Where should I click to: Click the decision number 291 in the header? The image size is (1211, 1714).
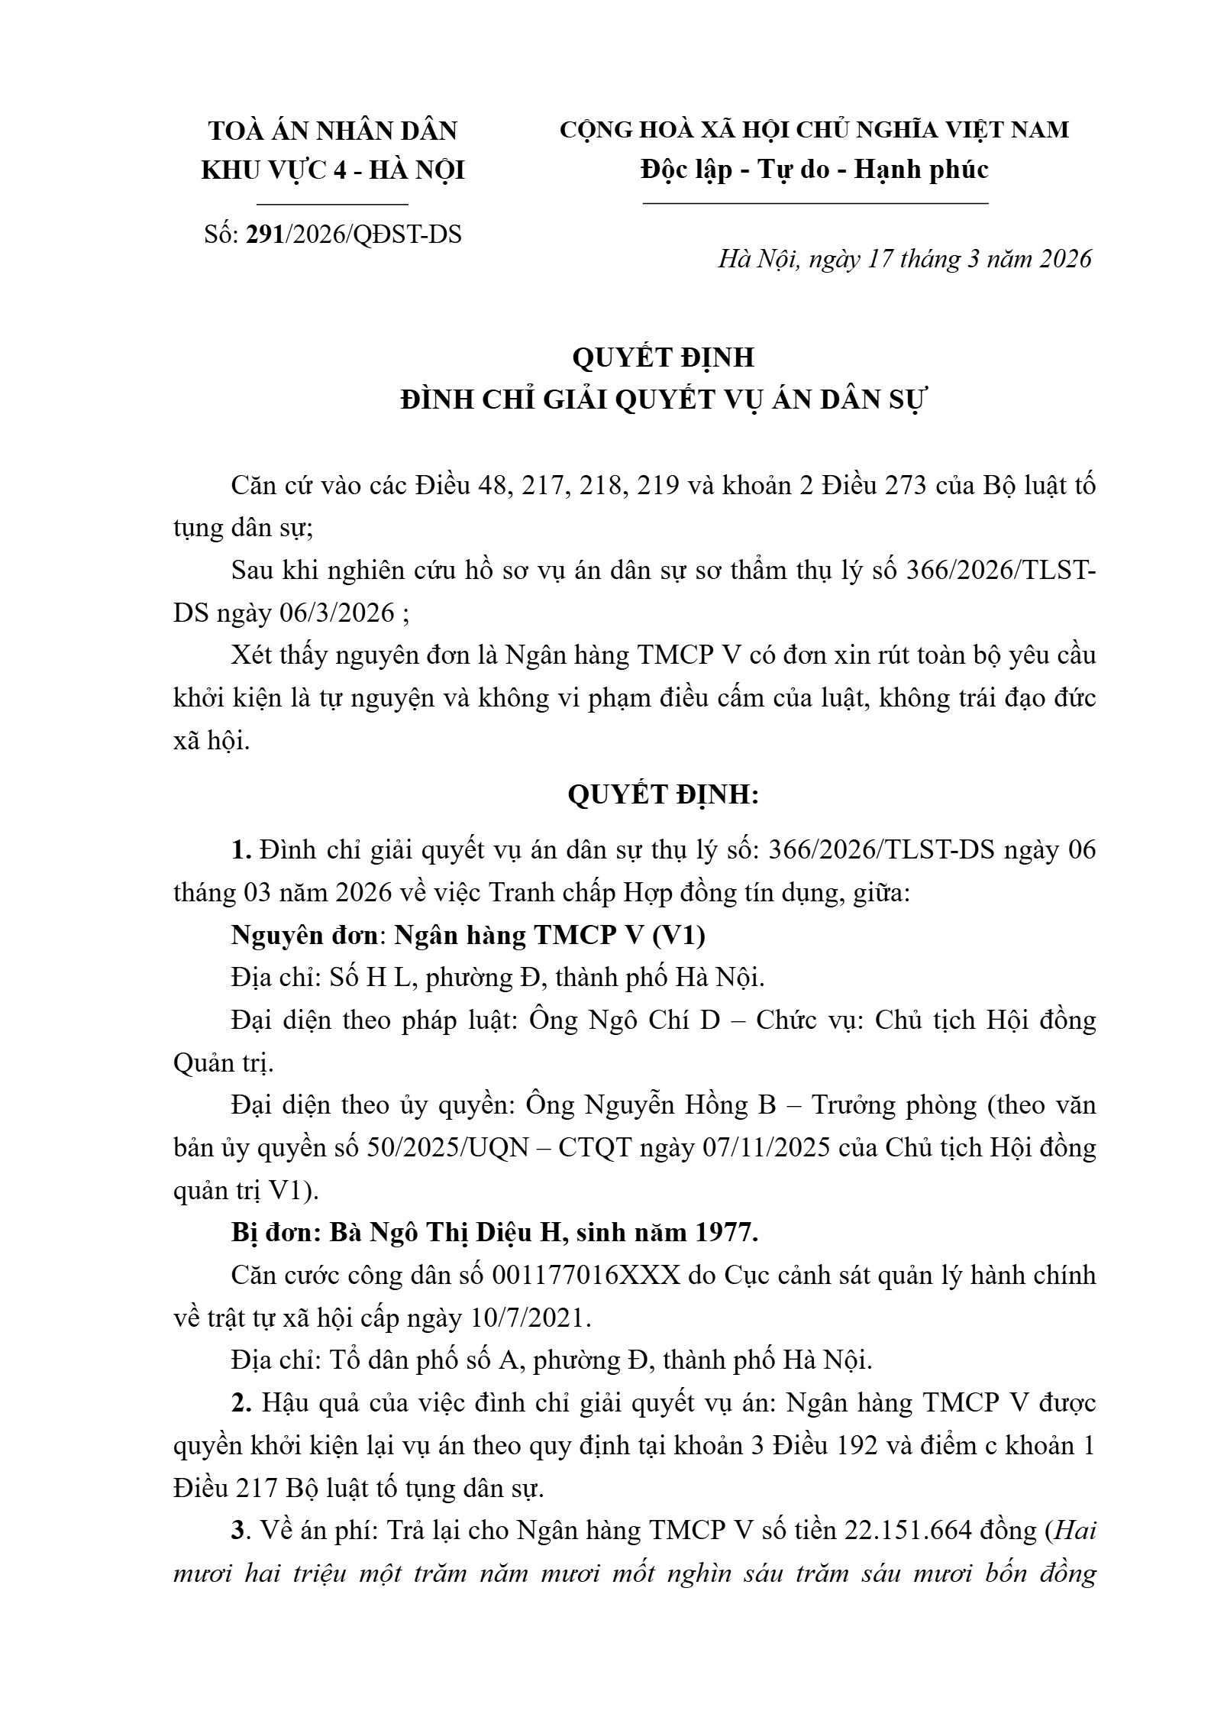tap(264, 234)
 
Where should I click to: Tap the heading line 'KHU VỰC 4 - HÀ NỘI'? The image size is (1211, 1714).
tap(333, 170)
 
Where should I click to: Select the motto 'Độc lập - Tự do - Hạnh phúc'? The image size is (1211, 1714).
tap(815, 169)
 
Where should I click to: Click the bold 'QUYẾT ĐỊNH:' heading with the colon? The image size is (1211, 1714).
tap(663, 795)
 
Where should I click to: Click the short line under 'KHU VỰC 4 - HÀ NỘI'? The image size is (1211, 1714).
tap(332, 205)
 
